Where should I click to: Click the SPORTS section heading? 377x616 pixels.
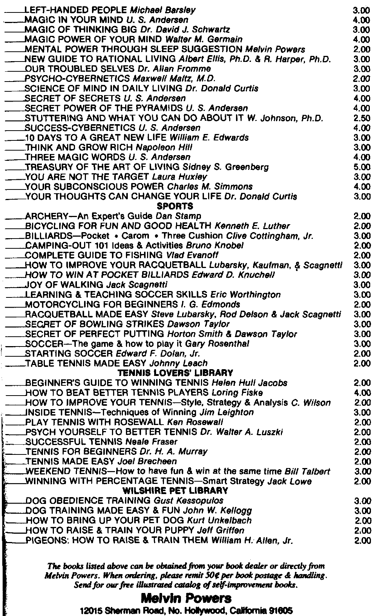(x=175, y=206)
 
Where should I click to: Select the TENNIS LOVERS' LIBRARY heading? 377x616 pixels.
(x=175, y=373)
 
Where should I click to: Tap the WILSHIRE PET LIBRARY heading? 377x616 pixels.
(x=175, y=491)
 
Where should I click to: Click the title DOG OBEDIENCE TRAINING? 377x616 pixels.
(x=88, y=500)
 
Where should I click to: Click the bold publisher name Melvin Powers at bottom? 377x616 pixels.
(x=186, y=598)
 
